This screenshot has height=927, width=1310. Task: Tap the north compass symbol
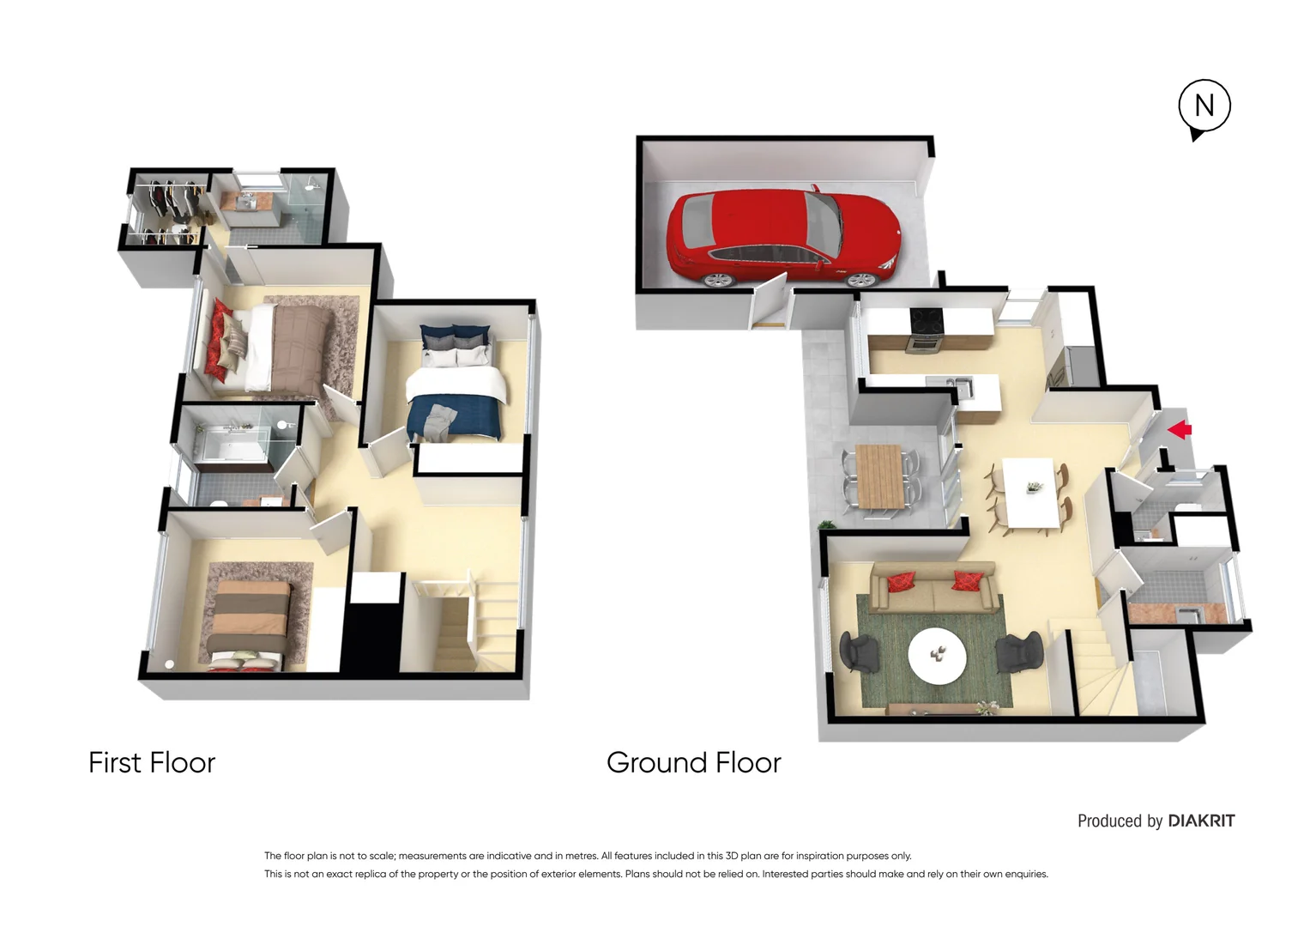(x=1204, y=106)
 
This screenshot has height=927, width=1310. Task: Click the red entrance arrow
(x=1180, y=428)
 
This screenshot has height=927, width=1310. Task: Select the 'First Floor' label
(x=152, y=762)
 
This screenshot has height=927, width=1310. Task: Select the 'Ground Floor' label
(x=693, y=762)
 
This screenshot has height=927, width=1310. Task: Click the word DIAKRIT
(x=1201, y=821)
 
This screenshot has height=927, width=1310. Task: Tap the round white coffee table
(x=937, y=656)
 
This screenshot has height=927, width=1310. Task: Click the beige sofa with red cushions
(x=933, y=587)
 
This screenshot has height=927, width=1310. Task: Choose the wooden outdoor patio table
(x=878, y=476)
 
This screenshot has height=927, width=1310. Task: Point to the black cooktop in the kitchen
(x=927, y=320)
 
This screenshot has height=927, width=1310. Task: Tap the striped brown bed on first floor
(x=249, y=620)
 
